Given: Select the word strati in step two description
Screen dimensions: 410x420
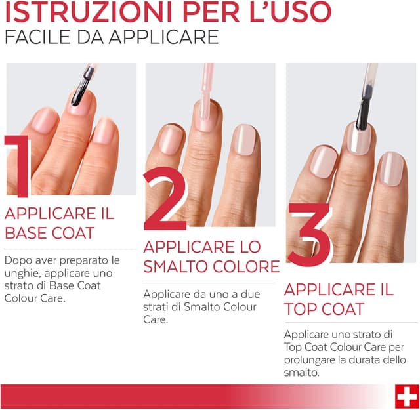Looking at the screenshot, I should (156, 308).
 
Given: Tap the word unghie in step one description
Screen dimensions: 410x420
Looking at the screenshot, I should (23, 272).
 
